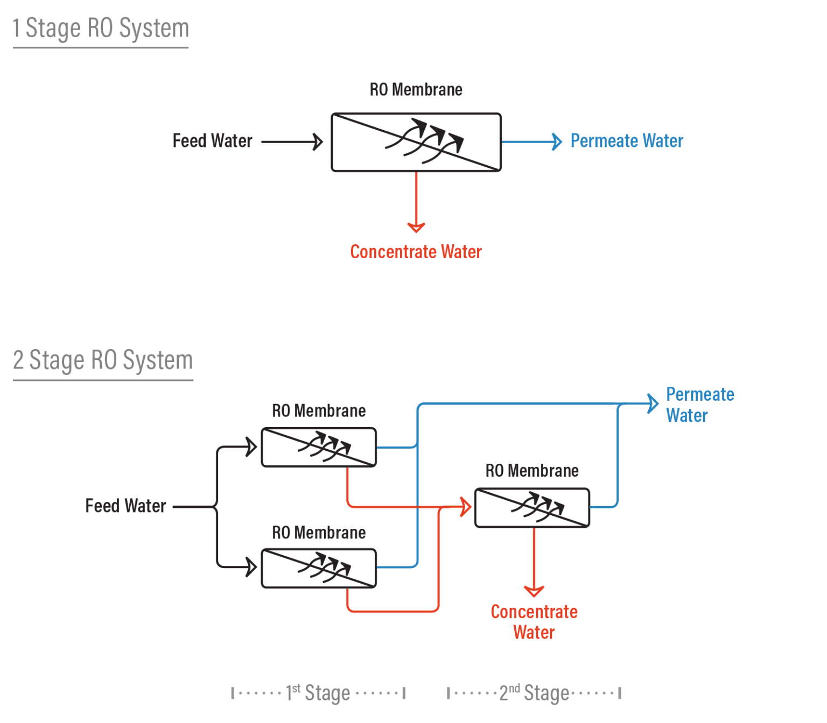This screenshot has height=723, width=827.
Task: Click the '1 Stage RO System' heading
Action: (x=101, y=29)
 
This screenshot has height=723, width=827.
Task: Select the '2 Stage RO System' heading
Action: (x=103, y=360)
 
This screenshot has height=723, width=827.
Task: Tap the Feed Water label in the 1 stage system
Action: (x=212, y=141)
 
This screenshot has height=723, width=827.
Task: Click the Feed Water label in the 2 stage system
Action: (x=125, y=506)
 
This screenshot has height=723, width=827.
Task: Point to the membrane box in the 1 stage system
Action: (x=416, y=142)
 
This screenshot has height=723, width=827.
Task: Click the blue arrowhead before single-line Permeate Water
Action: (x=557, y=142)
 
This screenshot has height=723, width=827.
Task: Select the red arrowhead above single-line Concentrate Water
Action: (x=416, y=226)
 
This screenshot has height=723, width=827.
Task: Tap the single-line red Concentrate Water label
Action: (x=416, y=252)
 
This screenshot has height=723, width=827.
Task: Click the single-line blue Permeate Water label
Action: (x=627, y=141)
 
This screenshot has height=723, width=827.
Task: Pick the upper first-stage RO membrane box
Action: (x=319, y=447)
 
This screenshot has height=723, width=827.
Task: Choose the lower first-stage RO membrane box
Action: (x=319, y=568)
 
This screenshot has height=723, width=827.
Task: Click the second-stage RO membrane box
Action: (x=532, y=507)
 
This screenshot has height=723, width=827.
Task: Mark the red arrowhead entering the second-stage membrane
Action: (x=466, y=507)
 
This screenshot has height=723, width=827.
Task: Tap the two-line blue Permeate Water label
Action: (x=699, y=405)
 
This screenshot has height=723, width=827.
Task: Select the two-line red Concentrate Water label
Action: (x=534, y=622)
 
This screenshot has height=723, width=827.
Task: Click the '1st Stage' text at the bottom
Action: (x=318, y=692)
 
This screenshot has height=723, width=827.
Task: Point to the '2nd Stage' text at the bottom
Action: (x=534, y=692)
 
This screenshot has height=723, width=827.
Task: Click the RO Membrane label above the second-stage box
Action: (x=532, y=471)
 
